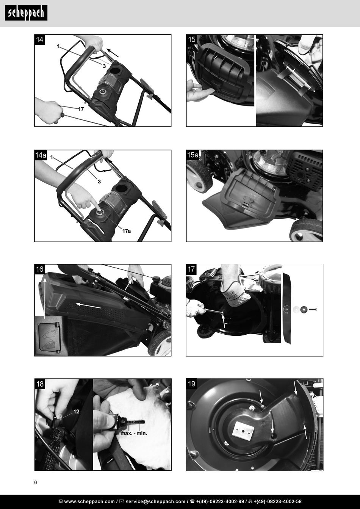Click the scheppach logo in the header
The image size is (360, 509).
[x=26, y=13]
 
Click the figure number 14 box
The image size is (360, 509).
[x=39, y=40]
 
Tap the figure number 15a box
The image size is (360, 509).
[x=193, y=155]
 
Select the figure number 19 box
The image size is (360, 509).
[x=191, y=384]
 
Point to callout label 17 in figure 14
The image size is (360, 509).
[x=81, y=109]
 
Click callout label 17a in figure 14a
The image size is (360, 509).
[x=127, y=231]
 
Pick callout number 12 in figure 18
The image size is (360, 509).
[x=76, y=412]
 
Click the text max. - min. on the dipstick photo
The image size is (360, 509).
[x=134, y=433]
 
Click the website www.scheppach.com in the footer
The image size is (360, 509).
[x=89, y=501]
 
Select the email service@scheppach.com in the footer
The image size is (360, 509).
[x=155, y=501]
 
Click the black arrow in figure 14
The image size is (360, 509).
[x=113, y=52]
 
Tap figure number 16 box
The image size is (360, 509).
[x=39, y=269]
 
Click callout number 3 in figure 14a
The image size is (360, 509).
[x=99, y=182]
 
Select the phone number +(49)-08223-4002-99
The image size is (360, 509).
[x=220, y=501]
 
